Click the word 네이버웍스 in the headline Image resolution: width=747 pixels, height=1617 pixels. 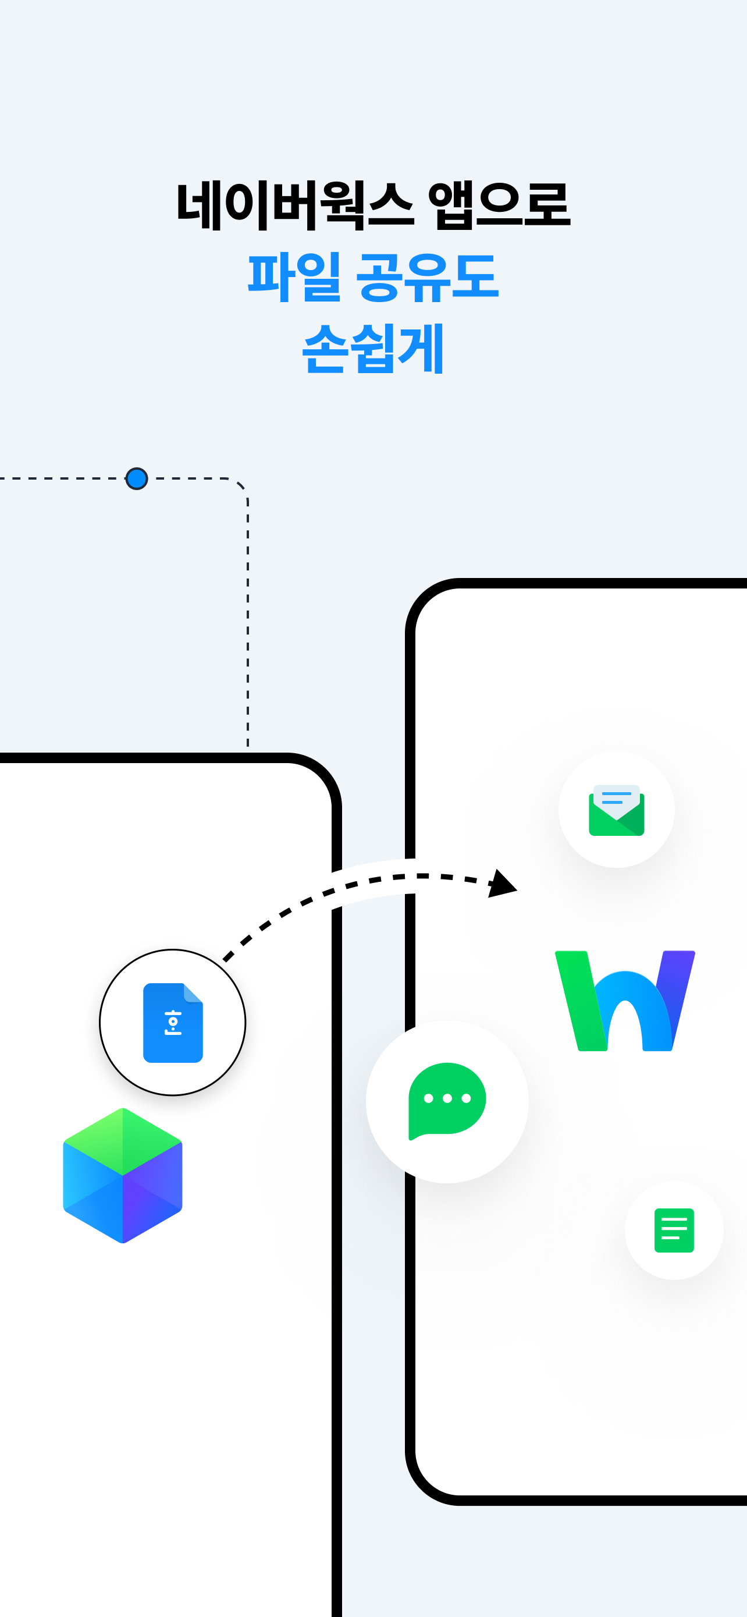(x=295, y=205)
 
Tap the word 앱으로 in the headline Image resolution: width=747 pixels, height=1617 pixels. (x=499, y=205)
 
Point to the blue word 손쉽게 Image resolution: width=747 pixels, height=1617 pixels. (x=373, y=349)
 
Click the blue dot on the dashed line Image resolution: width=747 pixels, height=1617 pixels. (x=137, y=479)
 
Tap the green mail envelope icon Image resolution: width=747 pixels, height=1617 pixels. (x=617, y=810)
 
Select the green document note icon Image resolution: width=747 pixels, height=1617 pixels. (x=674, y=1231)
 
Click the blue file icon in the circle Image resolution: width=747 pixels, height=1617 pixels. (x=173, y=1023)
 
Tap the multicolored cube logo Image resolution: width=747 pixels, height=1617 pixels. (x=123, y=1175)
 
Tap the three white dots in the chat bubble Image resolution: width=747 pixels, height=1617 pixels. (x=447, y=1098)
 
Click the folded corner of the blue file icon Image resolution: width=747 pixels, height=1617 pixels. (x=193, y=993)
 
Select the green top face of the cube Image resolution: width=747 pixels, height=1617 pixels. (x=123, y=1141)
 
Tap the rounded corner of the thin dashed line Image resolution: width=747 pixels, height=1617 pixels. (x=241, y=486)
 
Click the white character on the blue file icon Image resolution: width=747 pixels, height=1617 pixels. (x=173, y=1023)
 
